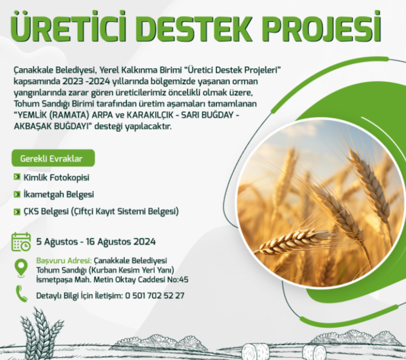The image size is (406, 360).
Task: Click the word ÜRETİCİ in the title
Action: tap(69, 27)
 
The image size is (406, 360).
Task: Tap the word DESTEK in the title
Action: tap(196, 28)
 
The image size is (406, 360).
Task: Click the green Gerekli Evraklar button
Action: tap(53, 158)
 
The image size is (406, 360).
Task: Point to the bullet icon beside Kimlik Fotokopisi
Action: tap(17, 177)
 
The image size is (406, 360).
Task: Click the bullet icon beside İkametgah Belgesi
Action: tap(17, 194)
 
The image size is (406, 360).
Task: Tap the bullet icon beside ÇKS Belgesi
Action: tap(17, 212)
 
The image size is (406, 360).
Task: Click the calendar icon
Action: tap(21, 242)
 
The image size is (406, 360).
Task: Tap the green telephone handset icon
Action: tap(21, 293)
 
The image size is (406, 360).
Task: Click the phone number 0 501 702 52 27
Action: tap(155, 296)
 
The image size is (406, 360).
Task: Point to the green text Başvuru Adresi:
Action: tap(64, 261)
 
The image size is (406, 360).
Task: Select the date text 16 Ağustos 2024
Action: tap(121, 242)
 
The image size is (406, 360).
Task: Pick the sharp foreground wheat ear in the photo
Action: tap(293, 241)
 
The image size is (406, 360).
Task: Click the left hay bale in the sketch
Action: tap(255, 351)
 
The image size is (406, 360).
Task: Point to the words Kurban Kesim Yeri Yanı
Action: tap(131, 271)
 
